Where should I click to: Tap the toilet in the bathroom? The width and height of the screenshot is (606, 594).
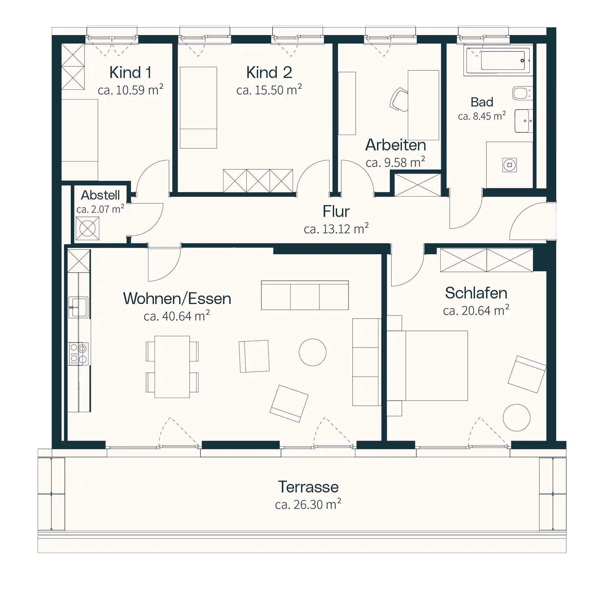[x=522, y=93]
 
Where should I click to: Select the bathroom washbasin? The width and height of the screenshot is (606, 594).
[x=523, y=121]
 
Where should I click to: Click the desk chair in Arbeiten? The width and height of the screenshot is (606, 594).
[x=399, y=99]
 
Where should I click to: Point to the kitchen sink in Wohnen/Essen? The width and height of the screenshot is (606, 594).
[x=78, y=307]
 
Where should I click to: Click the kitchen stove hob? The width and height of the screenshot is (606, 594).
[x=78, y=354]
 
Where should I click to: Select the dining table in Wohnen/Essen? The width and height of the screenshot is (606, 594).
[x=172, y=367]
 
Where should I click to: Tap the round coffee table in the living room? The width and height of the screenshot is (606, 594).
[x=312, y=352]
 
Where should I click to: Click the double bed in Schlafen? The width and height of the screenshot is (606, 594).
[x=427, y=366]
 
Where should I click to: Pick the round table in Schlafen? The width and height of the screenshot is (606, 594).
[x=516, y=417]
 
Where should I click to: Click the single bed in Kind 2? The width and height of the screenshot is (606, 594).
[x=198, y=107]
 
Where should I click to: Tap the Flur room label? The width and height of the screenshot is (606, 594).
[x=336, y=211]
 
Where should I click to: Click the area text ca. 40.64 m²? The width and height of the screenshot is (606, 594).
[x=177, y=316]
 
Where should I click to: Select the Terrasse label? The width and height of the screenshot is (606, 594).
[x=308, y=487]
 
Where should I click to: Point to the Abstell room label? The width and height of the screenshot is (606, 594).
[x=100, y=195]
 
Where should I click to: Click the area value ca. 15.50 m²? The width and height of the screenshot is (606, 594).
[x=269, y=90]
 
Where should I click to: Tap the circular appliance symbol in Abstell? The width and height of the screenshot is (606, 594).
[x=87, y=228]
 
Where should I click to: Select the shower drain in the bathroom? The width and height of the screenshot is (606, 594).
[x=509, y=165]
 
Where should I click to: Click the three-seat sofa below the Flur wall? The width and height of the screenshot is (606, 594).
[x=305, y=295]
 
